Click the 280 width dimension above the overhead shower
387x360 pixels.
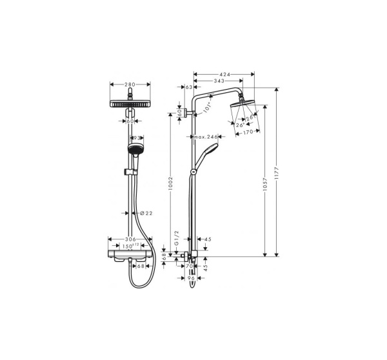point(130,84)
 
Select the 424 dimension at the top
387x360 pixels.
point(224,75)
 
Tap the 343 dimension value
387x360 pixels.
point(219,81)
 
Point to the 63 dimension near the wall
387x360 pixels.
point(190,86)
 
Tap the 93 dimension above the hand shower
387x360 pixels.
point(137,137)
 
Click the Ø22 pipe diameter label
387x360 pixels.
point(146,213)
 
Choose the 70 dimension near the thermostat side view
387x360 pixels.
point(190,265)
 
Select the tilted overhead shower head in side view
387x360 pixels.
point(247,108)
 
